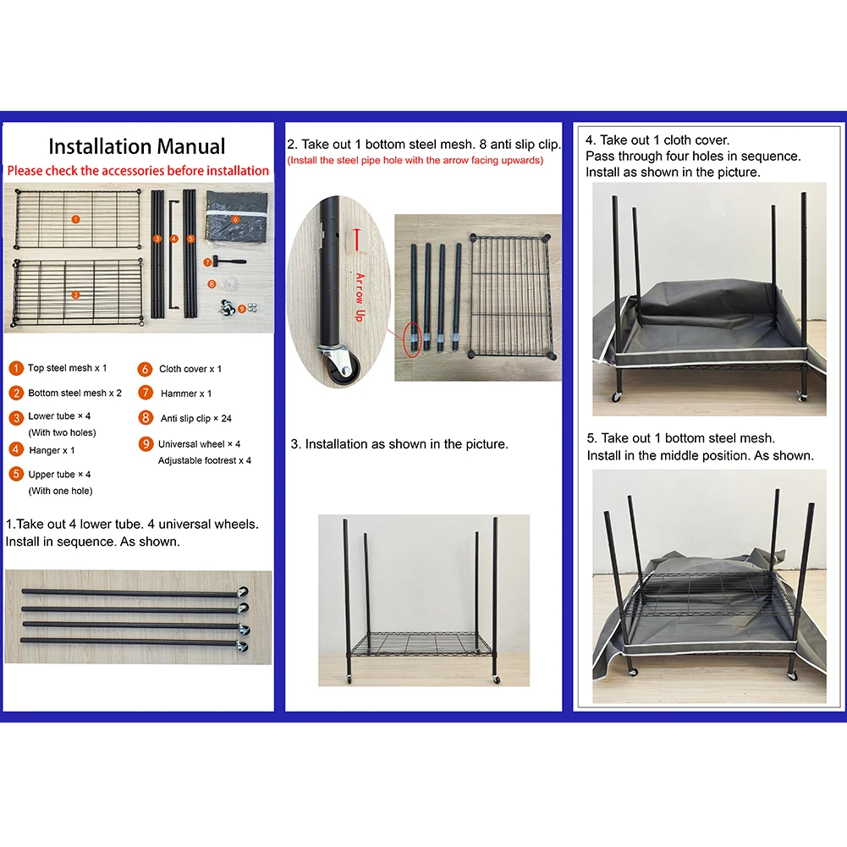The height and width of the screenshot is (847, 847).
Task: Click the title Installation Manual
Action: point(137,146)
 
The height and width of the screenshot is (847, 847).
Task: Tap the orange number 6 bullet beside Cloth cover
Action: point(145,369)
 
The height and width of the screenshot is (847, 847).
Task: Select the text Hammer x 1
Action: point(186,393)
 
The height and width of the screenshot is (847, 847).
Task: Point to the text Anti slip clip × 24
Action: point(195,419)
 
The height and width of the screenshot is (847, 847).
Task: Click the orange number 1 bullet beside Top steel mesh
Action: point(16,368)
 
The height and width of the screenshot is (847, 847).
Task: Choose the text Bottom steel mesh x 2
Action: point(74,393)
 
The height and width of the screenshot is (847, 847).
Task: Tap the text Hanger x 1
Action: point(52,450)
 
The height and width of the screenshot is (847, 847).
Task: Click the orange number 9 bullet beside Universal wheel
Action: point(146,444)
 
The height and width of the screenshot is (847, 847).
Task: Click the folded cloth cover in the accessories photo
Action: point(237,217)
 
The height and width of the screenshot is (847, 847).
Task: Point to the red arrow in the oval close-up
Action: point(356,239)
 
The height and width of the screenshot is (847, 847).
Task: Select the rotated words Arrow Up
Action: point(360,298)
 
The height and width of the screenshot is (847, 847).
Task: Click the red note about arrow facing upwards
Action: point(415,161)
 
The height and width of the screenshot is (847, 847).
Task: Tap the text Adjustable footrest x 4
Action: point(204,461)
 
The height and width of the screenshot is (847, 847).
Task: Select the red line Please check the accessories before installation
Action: point(138,171)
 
